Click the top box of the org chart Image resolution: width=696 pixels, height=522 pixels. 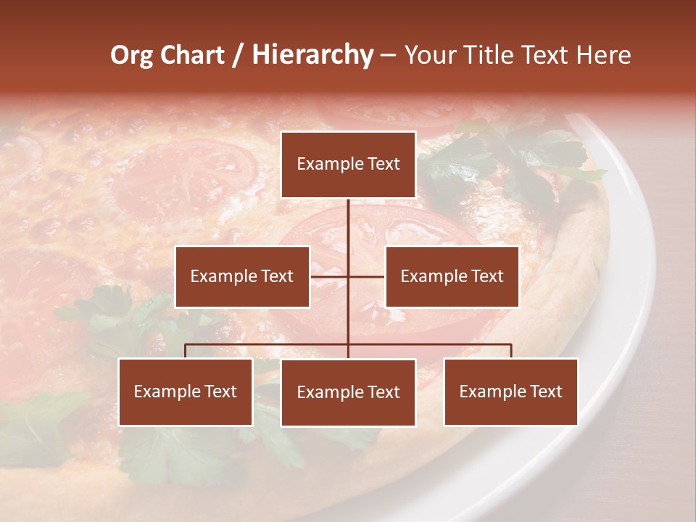[348, 165]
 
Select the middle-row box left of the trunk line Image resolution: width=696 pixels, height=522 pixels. [242, 276]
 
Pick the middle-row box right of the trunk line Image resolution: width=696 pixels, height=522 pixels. [452, 276]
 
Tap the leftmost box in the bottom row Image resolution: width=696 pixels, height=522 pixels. [186, 391]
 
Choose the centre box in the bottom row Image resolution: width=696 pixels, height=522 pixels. [348, 392]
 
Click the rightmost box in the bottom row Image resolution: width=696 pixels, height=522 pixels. [511, 391]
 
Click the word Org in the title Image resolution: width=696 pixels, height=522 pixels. [131, 55]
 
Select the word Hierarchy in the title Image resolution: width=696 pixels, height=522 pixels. [312, 55]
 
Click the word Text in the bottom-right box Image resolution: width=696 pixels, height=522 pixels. [546, 391]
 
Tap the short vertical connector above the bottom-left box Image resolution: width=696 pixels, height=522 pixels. [186, 351]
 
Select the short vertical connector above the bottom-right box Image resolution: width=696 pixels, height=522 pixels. [511, 351]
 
